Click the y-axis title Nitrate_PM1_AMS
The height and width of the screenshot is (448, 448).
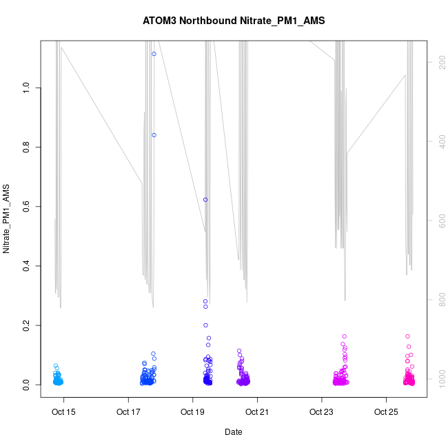pos(6,218)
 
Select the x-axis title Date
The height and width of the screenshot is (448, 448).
pos(233,432)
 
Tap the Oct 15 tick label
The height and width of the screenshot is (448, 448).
pos(64,413)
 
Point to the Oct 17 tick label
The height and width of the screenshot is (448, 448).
pos(129,413)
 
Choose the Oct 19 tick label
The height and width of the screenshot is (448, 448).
pos(193,413)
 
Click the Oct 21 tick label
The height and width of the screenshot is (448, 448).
pos(257,413)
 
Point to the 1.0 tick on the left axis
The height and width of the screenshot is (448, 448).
pos(27,88)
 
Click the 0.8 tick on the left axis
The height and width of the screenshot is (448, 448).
pos(27,147)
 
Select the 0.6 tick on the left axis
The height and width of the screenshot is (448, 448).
pos(27,206)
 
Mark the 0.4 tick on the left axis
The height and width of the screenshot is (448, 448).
pos(27,266)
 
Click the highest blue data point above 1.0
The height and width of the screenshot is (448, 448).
pos(154,54)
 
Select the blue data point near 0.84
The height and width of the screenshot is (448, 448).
pos(154,135)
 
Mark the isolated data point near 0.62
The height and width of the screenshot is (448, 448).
pos(205,200)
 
